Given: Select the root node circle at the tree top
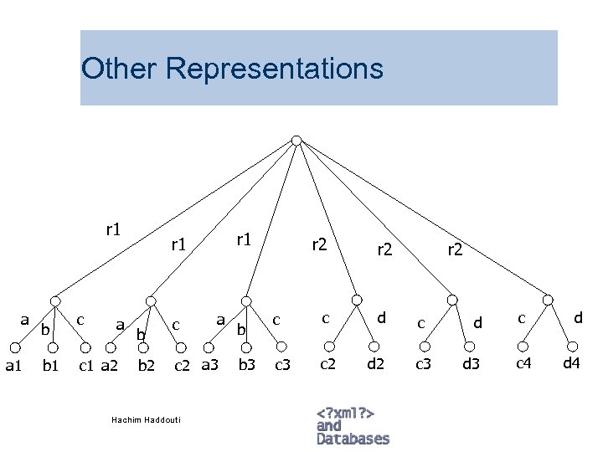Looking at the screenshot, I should [x=296, y=140].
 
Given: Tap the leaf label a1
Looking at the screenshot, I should [x=13, y=364].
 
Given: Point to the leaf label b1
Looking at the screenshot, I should [x=51, y=364].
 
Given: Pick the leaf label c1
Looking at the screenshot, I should [x=86, y=364].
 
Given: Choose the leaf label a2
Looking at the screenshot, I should [x=110, y=364].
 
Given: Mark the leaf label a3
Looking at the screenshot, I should [x=209, y=364].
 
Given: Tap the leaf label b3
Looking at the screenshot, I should [x=246, y=364].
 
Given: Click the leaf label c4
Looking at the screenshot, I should [x=523, y=362].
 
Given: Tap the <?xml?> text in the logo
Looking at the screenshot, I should [x=345, y=413].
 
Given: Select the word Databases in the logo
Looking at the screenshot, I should [x=353, y=439].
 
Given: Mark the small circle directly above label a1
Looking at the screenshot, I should [x=17, y=346].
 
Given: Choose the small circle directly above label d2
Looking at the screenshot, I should [x=378, y=346].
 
